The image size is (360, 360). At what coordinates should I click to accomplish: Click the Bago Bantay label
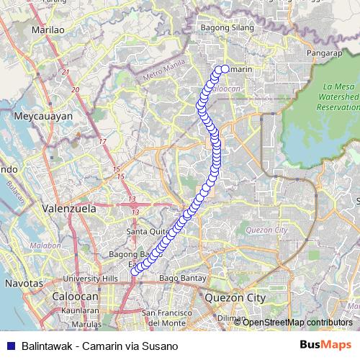178,277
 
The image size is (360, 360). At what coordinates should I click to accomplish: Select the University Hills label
90,278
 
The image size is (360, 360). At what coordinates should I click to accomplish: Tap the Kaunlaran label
80,310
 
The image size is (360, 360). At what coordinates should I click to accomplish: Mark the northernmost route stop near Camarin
224,69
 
